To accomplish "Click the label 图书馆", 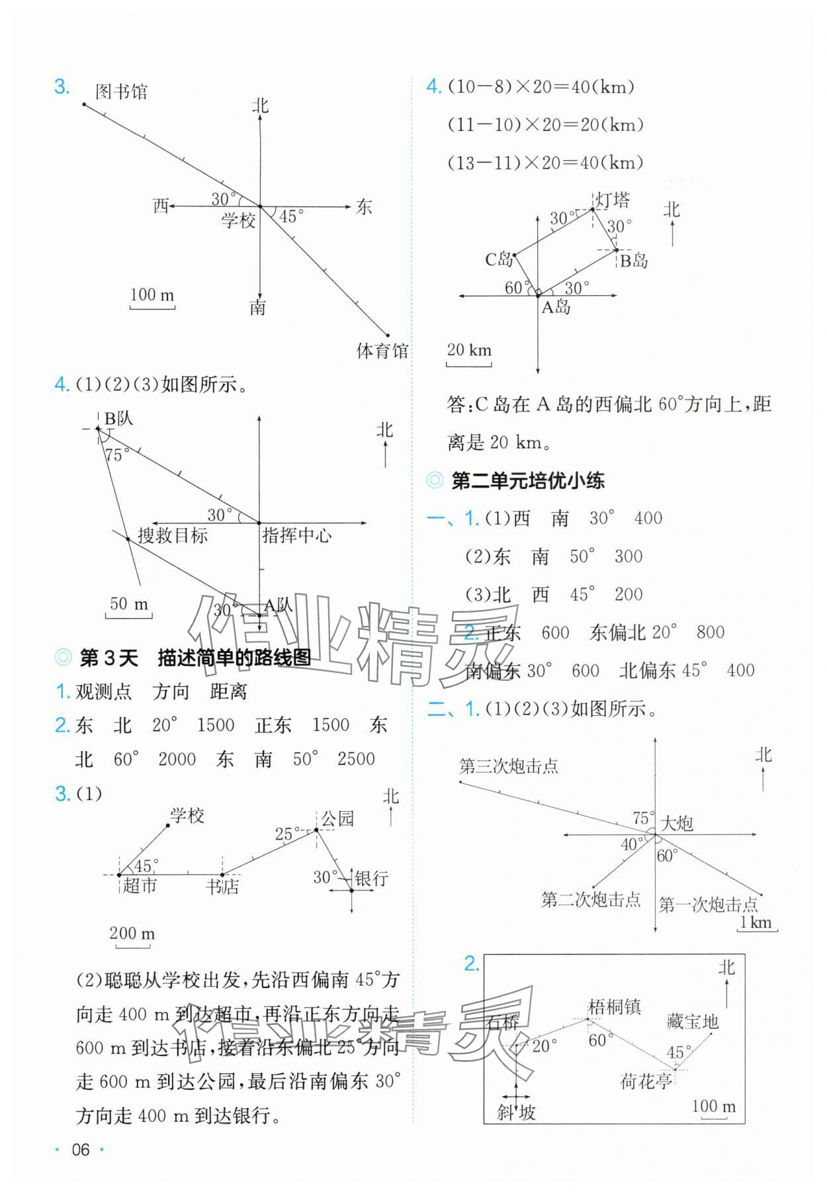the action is pyautogui.click(x=121, y=91).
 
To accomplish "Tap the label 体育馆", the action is pyautogui.click(x=382, y=351).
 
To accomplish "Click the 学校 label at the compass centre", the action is pyautogui.click(x=238, y=220).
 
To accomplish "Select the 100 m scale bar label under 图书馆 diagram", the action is pyautogui.click(x=152, y=294).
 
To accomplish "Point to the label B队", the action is pyautogui.click(x=119, y=418).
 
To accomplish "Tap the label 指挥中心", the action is pyautogui.click(x=297, y=535).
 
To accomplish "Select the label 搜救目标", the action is pyautogui.click(x=173, y=535).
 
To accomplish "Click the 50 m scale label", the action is pyautogui.click(x=129, y=603).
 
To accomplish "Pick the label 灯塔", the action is pyautogui.click(x=613, y=200).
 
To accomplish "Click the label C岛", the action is pyautogui.click(x=499, y=259).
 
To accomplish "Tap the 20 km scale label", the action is pyautogui.click(x=469, y=349).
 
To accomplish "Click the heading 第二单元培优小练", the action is pyautogui.click(x=527, y=481).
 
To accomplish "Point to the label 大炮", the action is pyautogui.click(x=677, y=823).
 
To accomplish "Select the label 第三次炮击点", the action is pyautogui.click(x=509, y=766).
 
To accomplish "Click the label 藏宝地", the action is pyautogui.click(x=692, y=1022).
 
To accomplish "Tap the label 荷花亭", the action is pyautogui.click(x=646, y=1082).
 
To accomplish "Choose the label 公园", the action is pyautogui.click(x=337, y=819).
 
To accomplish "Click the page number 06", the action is pyautogui.click(x=80, y=1150).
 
